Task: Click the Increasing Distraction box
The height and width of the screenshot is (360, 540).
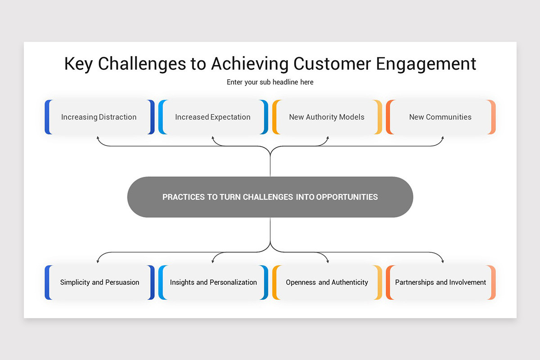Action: (x=99, y=117)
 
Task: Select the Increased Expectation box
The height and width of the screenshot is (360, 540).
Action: (x=213, y=117)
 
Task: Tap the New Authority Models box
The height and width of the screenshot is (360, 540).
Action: (x=327, y=117)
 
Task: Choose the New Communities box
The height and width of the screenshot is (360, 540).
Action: (x=441, y=117)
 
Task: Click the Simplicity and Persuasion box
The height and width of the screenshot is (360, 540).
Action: (x=99, y=283)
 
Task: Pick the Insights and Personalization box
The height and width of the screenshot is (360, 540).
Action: (x=213, y=283)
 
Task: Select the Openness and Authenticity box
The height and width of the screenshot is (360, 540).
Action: (x=327, y=283)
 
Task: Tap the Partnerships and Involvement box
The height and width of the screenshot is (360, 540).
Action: (x=441, y=283)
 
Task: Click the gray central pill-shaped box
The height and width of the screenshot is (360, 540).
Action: (x=270, y=197)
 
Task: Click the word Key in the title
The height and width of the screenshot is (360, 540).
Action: (x=79, y=64)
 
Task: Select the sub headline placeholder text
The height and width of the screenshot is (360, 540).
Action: (x=270, y=82)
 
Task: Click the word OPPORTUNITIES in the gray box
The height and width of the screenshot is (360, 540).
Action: (x=347, y=197)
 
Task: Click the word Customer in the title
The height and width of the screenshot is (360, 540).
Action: (x=333, y=64)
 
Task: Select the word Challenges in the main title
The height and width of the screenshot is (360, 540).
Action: (x=142, y=64)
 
